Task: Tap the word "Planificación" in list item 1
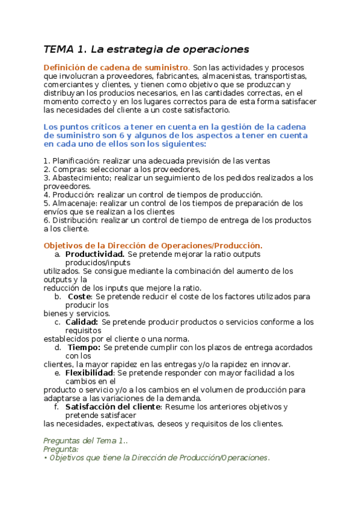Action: coord(76,161)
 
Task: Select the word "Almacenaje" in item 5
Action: coord(73,203)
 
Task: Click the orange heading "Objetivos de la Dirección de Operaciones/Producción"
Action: coord(152,245)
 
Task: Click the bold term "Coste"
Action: coord(79,296)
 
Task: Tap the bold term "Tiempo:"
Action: coord(84,347)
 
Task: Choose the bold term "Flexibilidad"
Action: coord(90,372)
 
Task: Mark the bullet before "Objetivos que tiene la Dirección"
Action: coord(46,458)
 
